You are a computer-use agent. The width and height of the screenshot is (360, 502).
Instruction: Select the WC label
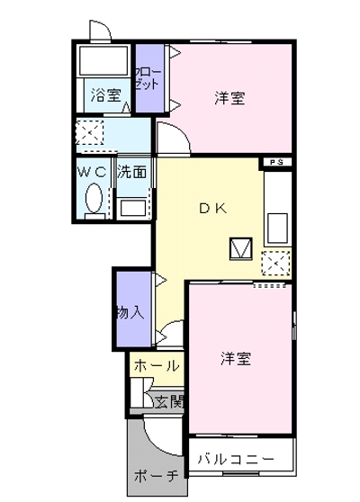coord(91,170)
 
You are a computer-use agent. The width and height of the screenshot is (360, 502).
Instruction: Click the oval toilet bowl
coord(92,198)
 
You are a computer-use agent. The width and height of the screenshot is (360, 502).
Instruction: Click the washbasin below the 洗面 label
coord(131,208)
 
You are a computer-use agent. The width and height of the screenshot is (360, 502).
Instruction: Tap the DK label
coord(212,208)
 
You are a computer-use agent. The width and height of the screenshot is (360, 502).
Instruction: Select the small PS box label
coord(277,163)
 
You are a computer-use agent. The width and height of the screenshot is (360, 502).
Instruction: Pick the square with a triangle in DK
coord(241,247)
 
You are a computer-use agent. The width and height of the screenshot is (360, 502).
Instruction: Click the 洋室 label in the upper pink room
coord(229,98)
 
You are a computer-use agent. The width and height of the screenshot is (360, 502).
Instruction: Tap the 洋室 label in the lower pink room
coord(236,359)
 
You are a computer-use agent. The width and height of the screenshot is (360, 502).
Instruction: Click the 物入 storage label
coord(130,313)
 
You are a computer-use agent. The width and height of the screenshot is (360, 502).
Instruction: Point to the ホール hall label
coord(155,366)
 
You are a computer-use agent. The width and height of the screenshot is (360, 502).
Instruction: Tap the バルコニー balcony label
coord(236,460)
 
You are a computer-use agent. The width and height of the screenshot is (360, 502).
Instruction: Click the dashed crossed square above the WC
coord(90,134)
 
